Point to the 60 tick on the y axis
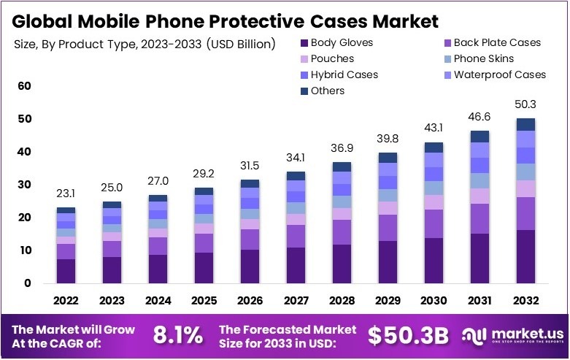25,86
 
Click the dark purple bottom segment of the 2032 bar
525,256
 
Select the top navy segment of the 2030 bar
434,147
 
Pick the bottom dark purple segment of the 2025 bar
204,267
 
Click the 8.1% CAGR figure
177,335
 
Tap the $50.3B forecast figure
407,335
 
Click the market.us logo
511,335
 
